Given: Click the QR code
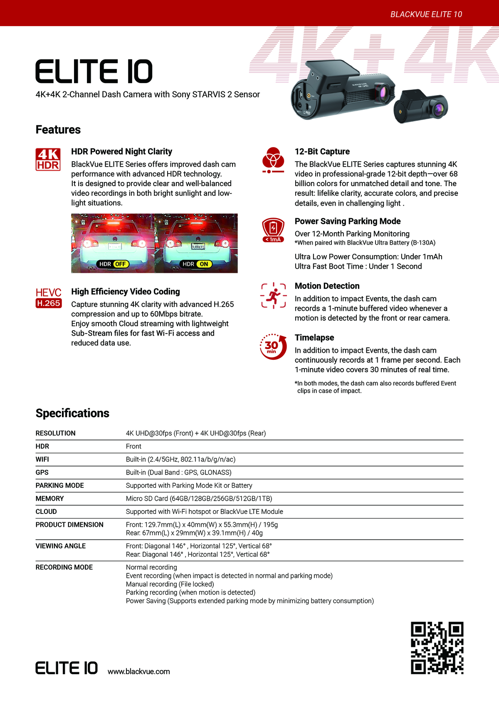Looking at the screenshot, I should (437, 648).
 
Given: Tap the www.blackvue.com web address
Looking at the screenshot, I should (138, 671).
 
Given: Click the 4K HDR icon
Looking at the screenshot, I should (48, 159).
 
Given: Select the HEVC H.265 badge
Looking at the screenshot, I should (49, 298).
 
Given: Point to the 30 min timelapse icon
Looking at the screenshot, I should (273, 346).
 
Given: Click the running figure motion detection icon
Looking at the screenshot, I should (274, 295).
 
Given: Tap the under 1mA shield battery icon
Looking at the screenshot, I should (273, 230).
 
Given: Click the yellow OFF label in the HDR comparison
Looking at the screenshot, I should (121, 264).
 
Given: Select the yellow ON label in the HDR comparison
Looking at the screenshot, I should (204, 264).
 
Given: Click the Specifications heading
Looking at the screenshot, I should (72, 413).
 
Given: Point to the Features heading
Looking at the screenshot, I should (58, 130).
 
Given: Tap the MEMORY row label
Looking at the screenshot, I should (50, 499).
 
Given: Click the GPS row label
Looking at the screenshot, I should (42, 472).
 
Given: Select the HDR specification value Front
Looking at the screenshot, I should (133, 446).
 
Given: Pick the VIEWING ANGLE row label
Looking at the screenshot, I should (61, 546).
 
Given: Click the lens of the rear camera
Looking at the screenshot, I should (438, 109).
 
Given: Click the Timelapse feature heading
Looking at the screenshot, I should (314, 337).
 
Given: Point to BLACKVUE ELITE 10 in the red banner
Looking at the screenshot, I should (426, 14).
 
